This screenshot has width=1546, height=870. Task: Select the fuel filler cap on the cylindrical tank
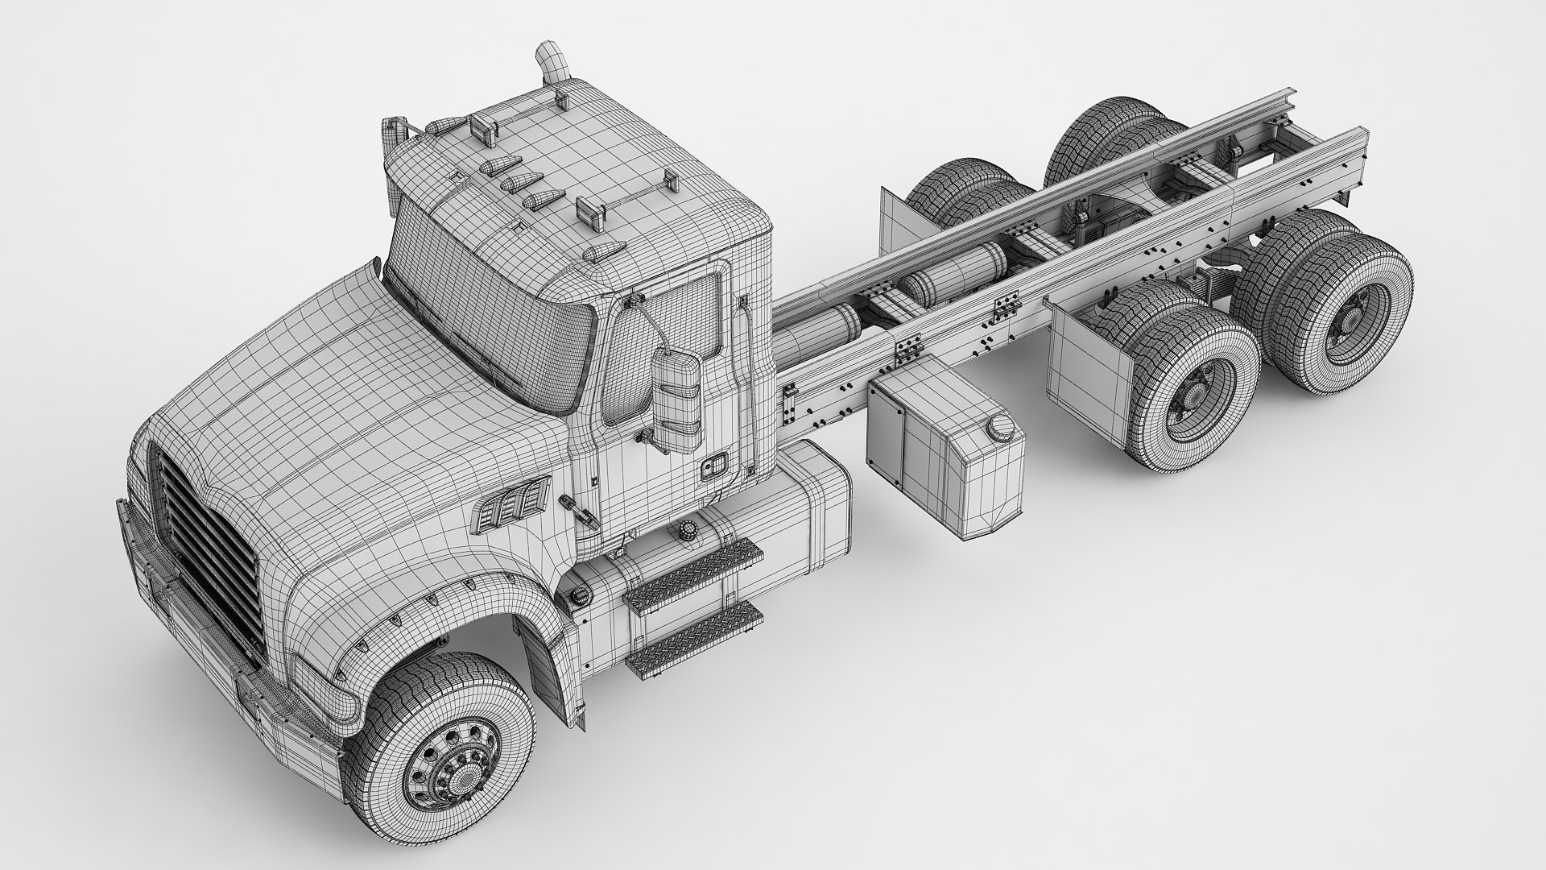pos(687,532)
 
